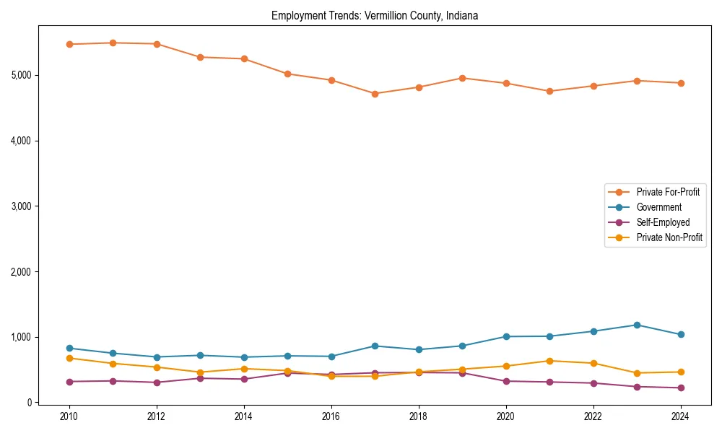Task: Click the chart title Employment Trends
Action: point(375,15)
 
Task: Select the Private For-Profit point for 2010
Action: point(69,44)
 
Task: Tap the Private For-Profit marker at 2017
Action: point(375,94)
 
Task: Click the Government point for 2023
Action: point(637,325)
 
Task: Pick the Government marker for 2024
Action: point(681,334)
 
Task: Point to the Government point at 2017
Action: point(375,346)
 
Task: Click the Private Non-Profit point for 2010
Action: point(69,358)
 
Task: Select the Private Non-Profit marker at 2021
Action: point(549,361)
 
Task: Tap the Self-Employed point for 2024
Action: point(681,388)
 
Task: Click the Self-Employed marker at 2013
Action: point(200,378)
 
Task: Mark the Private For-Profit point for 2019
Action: point(462,78)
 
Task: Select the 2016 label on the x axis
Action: point(331,416)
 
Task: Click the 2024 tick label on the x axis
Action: point(681,416)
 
